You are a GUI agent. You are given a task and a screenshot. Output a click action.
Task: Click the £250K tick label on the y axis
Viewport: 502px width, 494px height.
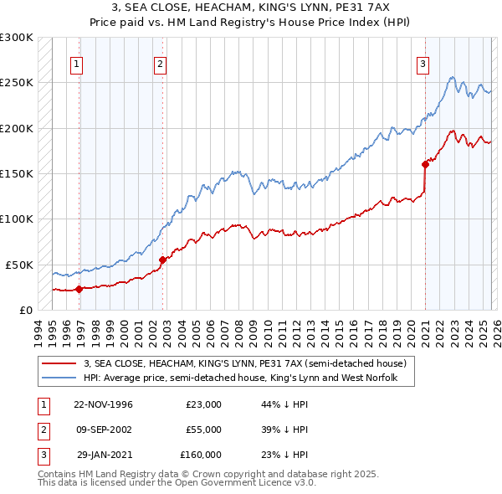pyautogui.click(x=17, y=83)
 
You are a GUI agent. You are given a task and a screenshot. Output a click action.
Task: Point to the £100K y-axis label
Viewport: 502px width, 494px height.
pyautogui.click(x=17, y=219)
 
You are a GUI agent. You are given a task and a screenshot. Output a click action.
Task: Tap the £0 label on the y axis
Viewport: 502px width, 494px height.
pyautogui.click(x=25, y=310)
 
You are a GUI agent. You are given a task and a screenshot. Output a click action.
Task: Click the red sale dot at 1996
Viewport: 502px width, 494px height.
pyautogui.click(x=79, y=289)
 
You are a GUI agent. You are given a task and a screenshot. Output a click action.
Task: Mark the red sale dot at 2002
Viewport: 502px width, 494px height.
pyautogui.click(x=162, y=260)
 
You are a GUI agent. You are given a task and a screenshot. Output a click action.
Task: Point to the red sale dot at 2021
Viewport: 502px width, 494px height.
pyautogui.click(x=425, y=164)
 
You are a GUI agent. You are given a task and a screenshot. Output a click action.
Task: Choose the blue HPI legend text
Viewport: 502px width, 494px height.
pyautogui.click(x=239, y=378)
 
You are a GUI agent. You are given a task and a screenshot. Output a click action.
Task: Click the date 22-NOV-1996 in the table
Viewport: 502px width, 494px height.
pyautogui.click(x=103, y=404)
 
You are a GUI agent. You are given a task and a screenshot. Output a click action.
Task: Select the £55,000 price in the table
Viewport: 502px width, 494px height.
pyautogui.click(x=203, y=430)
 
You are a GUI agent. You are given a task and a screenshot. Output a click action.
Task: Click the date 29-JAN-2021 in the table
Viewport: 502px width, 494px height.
pyautogui.click(x=104, y=455)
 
